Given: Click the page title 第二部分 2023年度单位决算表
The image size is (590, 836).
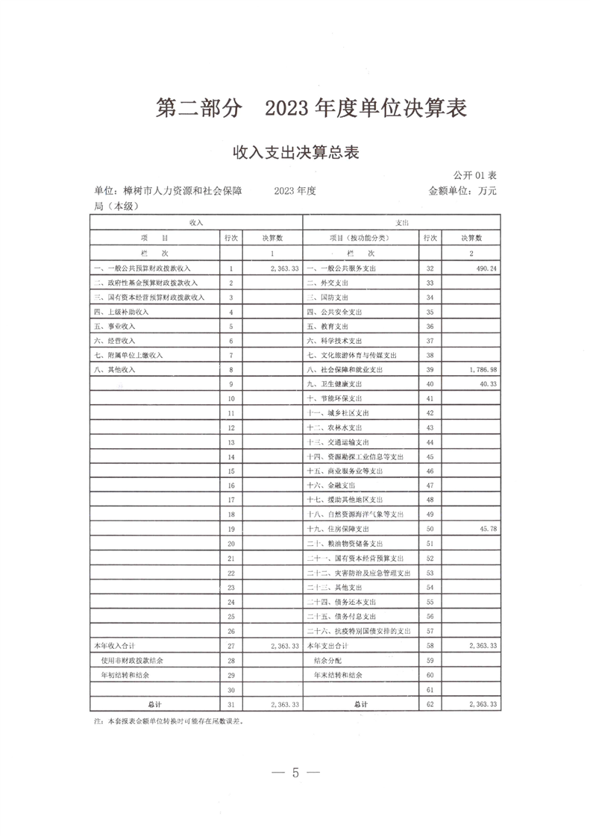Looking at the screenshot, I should point(311,109).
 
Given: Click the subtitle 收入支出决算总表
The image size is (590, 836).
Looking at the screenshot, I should point(296,154).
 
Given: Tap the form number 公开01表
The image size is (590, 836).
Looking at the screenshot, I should point(475,175).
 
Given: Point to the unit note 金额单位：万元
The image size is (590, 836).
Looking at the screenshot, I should point(462,191).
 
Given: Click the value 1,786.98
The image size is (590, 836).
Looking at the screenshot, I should point(480,369).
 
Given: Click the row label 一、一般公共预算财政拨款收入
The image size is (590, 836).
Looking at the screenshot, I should point(142,268).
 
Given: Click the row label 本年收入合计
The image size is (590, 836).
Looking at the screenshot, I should point(111,645).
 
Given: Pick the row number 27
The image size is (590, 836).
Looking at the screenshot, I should point(231,645).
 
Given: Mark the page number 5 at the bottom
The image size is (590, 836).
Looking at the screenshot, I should point(295,772).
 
